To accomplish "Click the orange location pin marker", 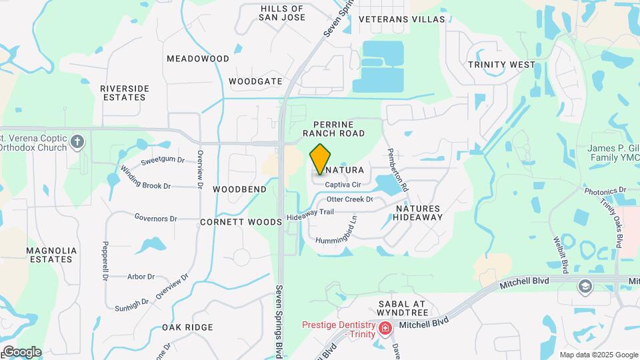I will [320, 159].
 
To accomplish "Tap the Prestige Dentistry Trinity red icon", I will [385, 329].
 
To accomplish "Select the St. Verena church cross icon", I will [78, 141].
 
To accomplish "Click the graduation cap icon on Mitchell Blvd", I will [585, 286].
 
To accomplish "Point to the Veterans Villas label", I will [401, 19].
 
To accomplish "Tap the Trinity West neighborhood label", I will [501, 65].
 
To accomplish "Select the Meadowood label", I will [198, 59].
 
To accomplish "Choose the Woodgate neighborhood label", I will [256, 81].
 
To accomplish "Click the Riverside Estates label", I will [123, 93].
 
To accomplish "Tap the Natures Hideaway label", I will [419, 213].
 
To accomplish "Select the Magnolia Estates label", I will [51, 255].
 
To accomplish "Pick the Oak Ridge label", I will [187, 327].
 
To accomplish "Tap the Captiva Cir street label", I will [343, 185].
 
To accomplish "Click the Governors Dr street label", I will [155, 218].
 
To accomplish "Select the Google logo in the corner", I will [22, 352].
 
